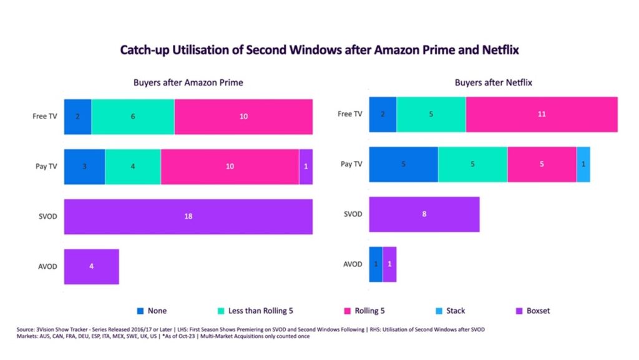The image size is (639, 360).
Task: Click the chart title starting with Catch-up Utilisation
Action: tap(319, 50)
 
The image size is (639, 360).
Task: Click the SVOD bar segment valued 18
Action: tap(188, 216)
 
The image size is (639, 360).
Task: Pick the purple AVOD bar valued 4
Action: tap(91, 266)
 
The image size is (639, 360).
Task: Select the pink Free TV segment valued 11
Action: tap(541, 114)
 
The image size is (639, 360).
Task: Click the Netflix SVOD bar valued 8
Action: tap(424, 214)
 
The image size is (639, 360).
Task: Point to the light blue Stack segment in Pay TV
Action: tap(583, 164)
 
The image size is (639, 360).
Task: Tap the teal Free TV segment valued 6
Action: tap(133, 116)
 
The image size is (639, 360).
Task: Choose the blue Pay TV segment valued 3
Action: tap(84, 167)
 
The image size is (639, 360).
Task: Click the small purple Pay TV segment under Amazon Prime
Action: tap(306, 167)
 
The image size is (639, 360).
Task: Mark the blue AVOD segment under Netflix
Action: tap(376, 264)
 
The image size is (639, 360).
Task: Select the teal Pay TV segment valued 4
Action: tap(133, 167)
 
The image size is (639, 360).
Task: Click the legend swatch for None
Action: tap(141, 310)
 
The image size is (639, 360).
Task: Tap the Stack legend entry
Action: tap(455, 310)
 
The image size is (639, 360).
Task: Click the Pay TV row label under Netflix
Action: tap(351, 164)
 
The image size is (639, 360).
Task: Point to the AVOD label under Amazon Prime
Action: tap(47, 266)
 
